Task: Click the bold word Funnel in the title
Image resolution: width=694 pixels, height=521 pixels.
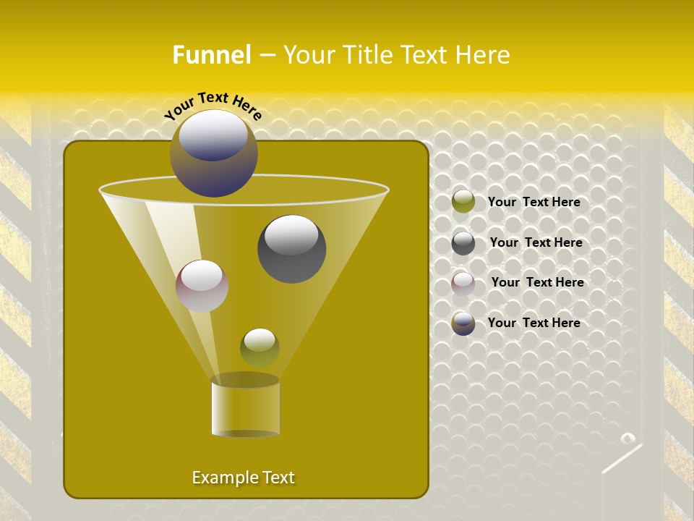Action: coord(211,55)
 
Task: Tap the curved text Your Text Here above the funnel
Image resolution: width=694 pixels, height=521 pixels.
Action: coord(213,105)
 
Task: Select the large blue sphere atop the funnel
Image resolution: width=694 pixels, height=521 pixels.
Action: coord(213,153)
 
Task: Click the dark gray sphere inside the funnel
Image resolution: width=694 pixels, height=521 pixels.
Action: coord(291,249)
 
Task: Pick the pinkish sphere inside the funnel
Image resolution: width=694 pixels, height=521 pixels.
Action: coord(202,286)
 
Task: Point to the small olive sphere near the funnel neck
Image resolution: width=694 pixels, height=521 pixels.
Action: coord(260,347)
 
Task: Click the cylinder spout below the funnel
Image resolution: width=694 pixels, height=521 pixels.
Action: coord(245,407)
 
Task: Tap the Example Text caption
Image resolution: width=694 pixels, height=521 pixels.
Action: coord(243,478)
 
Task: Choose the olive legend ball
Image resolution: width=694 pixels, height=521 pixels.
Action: coord(463,202)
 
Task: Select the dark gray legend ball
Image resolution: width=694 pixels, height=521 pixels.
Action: coord(463,243)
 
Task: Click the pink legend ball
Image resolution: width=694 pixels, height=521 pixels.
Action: coord(463,283)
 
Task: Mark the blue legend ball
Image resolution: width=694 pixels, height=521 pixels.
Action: coord(463,323)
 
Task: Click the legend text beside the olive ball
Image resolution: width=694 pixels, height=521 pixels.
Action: coord(534,202)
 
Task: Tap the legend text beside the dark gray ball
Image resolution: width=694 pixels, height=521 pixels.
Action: coord(536,242)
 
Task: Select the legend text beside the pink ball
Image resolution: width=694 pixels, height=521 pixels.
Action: coord(537,282)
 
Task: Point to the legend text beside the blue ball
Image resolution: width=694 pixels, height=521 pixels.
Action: coord(534,323)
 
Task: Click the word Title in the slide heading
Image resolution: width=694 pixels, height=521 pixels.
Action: coord(367,55)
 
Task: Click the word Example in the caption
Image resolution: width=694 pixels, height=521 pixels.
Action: coord(220,478)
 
